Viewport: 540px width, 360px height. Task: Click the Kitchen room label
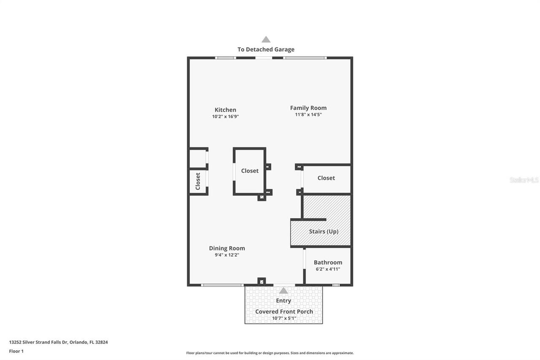click(225, 110)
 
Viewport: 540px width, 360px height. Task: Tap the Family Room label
click(308, 108)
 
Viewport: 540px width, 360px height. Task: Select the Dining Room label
click(227, 248)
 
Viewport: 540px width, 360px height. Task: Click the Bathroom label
click(328, 262)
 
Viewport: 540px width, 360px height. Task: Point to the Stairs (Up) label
click(324, 231)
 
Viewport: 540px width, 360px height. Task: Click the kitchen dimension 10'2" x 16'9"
click(225, 116)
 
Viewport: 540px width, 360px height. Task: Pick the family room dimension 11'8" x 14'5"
click(308, 114)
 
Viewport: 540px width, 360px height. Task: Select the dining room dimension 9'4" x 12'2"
click(227, 255)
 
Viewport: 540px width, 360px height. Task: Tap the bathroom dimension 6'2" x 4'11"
click(328, 269)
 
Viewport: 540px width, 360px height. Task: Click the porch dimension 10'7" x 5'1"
click(284, 318)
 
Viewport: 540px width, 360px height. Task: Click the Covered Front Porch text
click(284, 311)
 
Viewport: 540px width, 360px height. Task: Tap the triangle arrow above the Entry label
click(283, 290)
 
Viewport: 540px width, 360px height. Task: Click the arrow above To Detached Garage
click(266, 39)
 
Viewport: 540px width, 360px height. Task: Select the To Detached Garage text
click(266, 49)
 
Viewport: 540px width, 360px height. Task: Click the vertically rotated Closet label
click(198, 181)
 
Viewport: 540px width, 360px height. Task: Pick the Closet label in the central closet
click(250, 171)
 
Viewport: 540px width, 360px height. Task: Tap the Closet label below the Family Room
click(326, 178)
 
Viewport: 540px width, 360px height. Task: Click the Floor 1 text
click(16, 351)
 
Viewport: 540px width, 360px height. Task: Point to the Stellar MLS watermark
click(524, 180)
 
